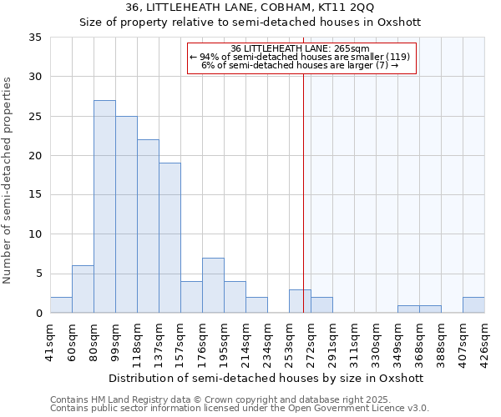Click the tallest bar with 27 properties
tap(104, 207)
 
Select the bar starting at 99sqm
tap(126, 214)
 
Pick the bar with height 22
tap(148, 226)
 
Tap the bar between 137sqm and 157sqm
tap(170, 238)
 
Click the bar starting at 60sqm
tap(83, 289)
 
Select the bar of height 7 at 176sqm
tap(213, 285)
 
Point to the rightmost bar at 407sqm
tap(473, 305)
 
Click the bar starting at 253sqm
tap(300, 301)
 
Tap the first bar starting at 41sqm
tap(61, 305)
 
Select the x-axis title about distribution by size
tap(266, 378)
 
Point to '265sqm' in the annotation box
tap(353, 48)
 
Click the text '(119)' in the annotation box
tap(396, 57)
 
